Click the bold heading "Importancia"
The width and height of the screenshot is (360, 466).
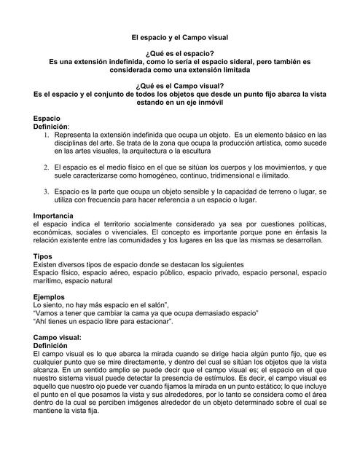[x=53, y=216]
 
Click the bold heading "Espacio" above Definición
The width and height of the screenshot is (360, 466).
[x=47, y=118]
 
